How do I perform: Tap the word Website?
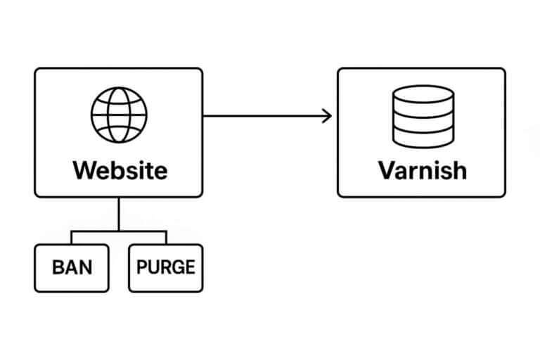(x=120, y=170)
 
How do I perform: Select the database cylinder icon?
(x=422, y=116)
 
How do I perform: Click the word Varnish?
(x=422, y=170)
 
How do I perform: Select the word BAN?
(x=72, y=268)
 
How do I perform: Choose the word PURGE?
(x=166, y=268)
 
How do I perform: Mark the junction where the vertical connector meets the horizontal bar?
(x=119, y=231)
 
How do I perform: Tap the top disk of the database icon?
(x=422, y=96)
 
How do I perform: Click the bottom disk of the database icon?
(x=422, y=139)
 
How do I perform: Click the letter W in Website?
(x=83, y=170)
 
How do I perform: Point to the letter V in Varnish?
(x=387, y=170)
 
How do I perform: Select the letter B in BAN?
(x=58, y=268)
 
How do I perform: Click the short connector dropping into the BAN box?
(x=72, y=238)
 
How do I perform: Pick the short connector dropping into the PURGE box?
(x=166, y=238)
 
